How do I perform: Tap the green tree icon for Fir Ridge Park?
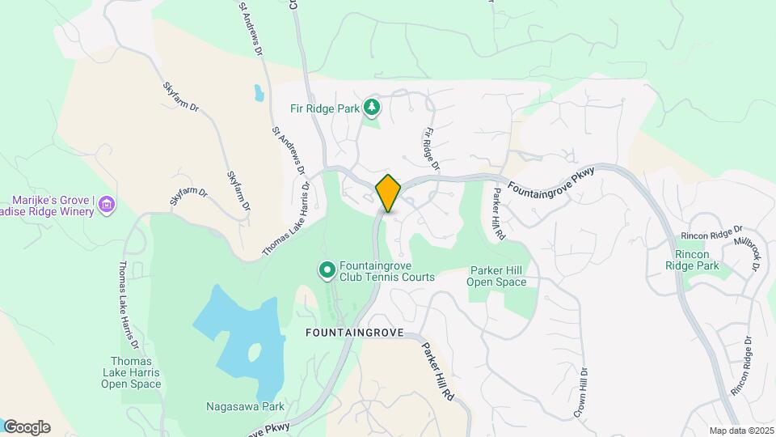(372, 107)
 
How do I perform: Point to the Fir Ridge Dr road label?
(431, 149)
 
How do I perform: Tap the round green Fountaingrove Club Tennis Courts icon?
(327, 269)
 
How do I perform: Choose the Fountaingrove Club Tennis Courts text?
(386, 270)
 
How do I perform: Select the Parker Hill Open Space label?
(497, 277)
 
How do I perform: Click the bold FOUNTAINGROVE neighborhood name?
(352, 333)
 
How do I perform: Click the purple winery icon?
(106, 206)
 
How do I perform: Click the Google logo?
(27, 427)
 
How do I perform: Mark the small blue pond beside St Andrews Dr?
(259, 92)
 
